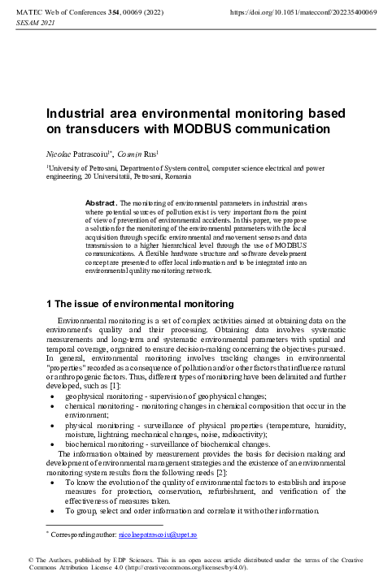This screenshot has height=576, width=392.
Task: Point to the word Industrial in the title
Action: [x=81, y=114]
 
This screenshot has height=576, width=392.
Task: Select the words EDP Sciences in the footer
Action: [x=142, y=560]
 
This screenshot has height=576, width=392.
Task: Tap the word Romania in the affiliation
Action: [x=176, y=175]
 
